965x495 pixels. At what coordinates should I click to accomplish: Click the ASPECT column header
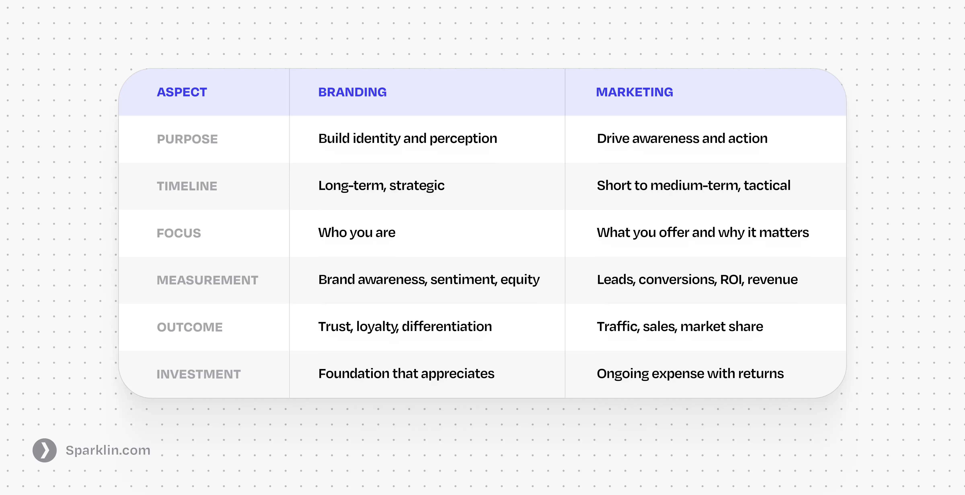coord(182,92)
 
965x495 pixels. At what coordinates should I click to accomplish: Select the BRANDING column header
coord(352,92)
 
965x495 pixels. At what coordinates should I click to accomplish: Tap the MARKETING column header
coord(634,92)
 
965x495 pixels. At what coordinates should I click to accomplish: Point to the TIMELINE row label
coord(187,186)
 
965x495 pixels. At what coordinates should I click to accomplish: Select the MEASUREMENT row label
coord(207,280)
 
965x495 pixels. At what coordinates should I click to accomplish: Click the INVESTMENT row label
coord(199,374)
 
